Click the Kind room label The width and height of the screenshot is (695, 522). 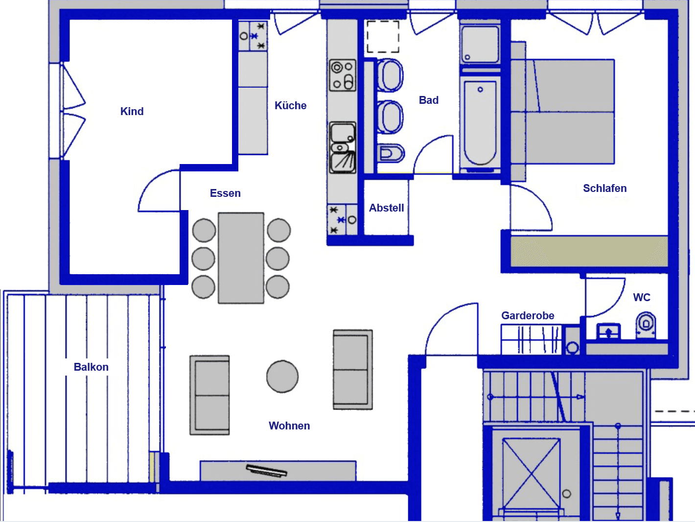[132, 112]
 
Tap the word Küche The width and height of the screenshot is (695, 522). [290, 106]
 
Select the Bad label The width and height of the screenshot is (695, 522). [429, 100]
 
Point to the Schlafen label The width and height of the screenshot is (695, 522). [604, 189]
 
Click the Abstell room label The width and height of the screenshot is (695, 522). [386, 208]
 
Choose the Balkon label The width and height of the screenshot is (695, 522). [91, 367]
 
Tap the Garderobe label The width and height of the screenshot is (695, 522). [528, 316]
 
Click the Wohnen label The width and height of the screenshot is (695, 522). [289, 426]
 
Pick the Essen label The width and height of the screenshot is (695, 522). [225, 193]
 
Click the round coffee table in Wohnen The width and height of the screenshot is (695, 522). [282, 377]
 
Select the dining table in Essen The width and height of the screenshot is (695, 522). [241, 258]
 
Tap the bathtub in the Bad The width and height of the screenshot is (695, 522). [480, 122]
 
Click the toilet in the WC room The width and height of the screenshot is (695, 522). [646, 325]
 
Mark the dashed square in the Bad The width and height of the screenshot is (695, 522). [383, 37]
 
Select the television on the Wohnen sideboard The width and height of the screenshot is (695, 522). [267, 471]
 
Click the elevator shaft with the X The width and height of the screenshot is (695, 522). [531, 474]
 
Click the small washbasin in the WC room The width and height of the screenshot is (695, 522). [608, 332]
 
